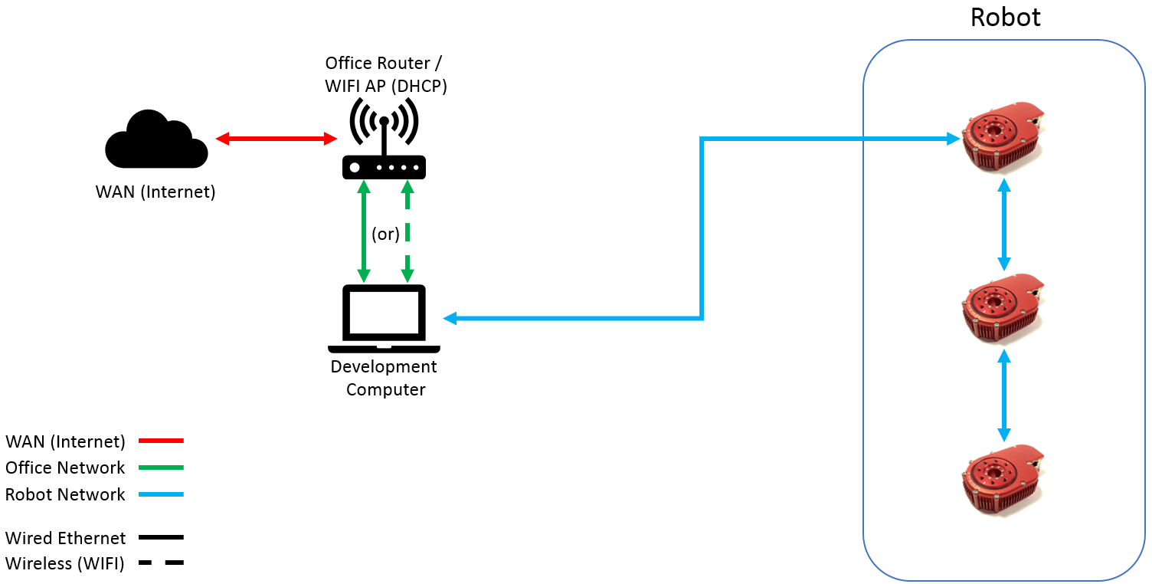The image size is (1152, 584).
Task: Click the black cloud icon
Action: tap(156, 139)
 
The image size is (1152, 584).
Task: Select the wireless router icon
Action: tap(384, 139)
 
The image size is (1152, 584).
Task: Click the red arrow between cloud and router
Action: tap(277, 139)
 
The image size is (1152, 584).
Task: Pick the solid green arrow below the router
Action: tap(364, 231)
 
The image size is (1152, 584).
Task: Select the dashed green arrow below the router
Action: tap(407, 231)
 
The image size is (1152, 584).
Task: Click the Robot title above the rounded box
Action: tap(1005, 17)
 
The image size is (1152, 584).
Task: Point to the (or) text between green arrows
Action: tap(385, 234)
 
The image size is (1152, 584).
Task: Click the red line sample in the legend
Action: tap(161, 441)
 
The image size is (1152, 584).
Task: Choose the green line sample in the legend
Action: tap(161, 468)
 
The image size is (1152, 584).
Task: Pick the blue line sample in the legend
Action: tap(161, 494)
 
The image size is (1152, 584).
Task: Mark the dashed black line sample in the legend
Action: tap(161, 563)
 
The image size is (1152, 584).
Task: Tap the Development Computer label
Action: tap(385, 378)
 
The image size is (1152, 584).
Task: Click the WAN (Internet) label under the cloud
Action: tap(155, 192)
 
